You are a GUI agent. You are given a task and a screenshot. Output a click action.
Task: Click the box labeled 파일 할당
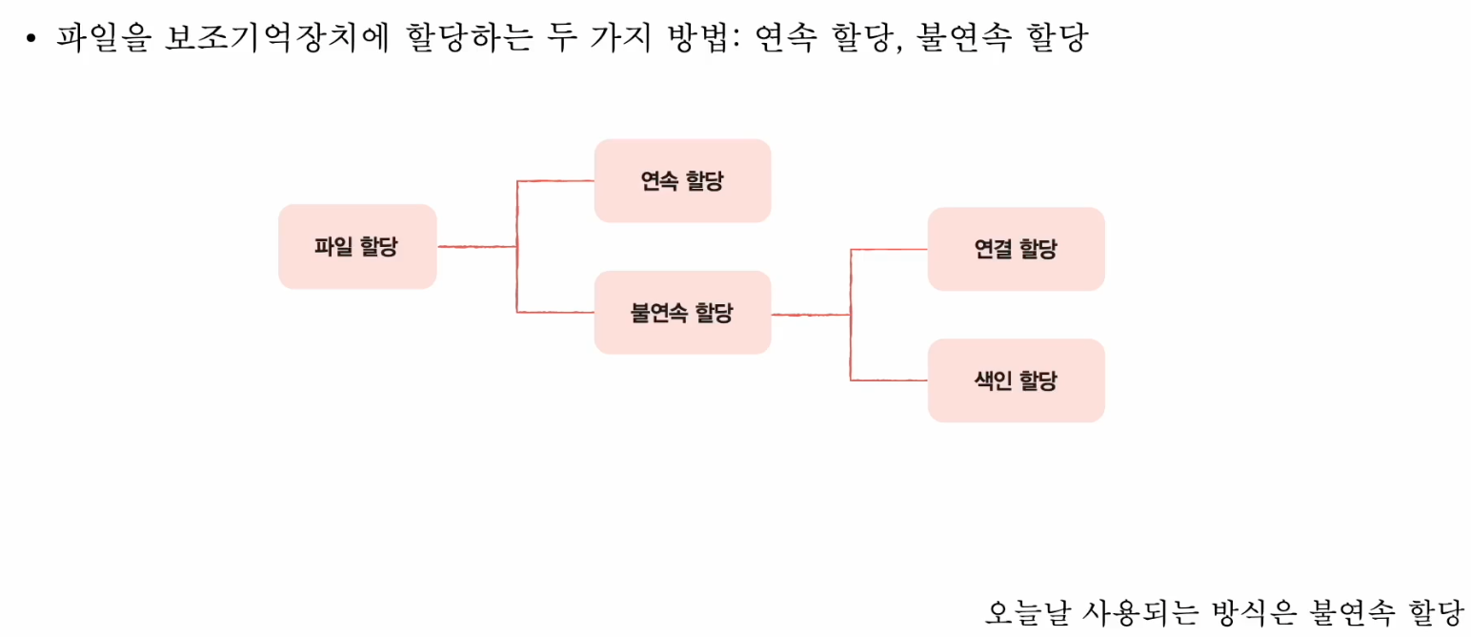click(357, 247)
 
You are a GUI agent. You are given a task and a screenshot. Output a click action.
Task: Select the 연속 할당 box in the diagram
click(682, 181)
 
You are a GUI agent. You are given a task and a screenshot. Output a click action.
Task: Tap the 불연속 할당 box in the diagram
click(682, 313)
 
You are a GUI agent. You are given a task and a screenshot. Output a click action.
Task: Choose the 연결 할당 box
click(1016, 249)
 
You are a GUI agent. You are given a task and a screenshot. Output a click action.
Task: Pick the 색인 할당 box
click(1016, 380)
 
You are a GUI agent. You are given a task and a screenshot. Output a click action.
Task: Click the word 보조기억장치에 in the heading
click(276, 38)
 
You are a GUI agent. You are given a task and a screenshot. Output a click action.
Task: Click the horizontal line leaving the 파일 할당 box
click(476, 247)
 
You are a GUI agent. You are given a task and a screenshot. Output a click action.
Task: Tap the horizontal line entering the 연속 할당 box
click(555, 181)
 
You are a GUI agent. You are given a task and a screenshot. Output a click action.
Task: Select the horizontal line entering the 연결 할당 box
click(889, 249)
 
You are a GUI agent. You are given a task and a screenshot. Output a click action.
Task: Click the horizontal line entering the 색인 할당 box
click(889, 380)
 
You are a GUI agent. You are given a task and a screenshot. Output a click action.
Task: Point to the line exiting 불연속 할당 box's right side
click(810, 314)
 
